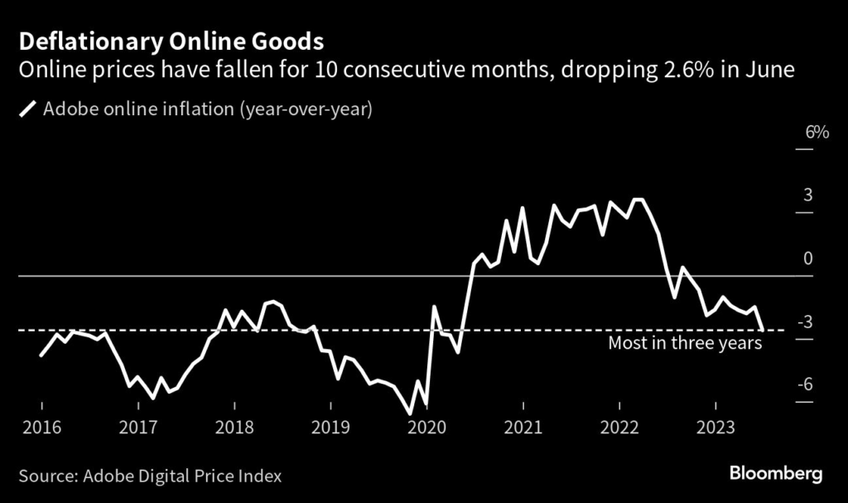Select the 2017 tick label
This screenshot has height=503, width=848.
(137, 428)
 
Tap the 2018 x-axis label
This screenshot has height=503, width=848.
(234, 428)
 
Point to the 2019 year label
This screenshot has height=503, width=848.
(330, 428)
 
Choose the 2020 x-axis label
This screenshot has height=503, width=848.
(426, 428)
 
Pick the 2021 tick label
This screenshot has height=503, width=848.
(523, 428)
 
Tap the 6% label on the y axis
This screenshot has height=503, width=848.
(804, 133)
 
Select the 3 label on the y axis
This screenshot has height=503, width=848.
(806, 196)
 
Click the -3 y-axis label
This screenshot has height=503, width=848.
(803, 322)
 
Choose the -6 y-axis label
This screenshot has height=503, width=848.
(803, 385)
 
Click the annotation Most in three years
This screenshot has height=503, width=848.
(684, 343)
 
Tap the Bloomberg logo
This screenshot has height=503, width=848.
(775, 475)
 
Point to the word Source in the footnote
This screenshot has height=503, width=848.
(46, 476)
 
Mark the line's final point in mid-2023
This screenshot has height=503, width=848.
(762, 330)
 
